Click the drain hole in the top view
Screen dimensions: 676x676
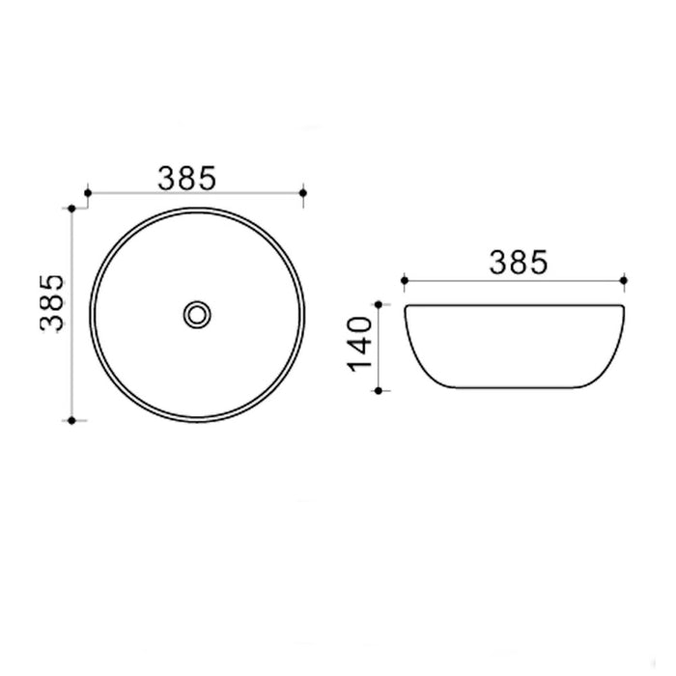(197, 313)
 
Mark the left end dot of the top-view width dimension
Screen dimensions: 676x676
(88, 194)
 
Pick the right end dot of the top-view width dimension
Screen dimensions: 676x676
(304, 194)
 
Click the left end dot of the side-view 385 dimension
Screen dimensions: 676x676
(405, 281)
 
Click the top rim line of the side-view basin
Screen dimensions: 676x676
(517, 306)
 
